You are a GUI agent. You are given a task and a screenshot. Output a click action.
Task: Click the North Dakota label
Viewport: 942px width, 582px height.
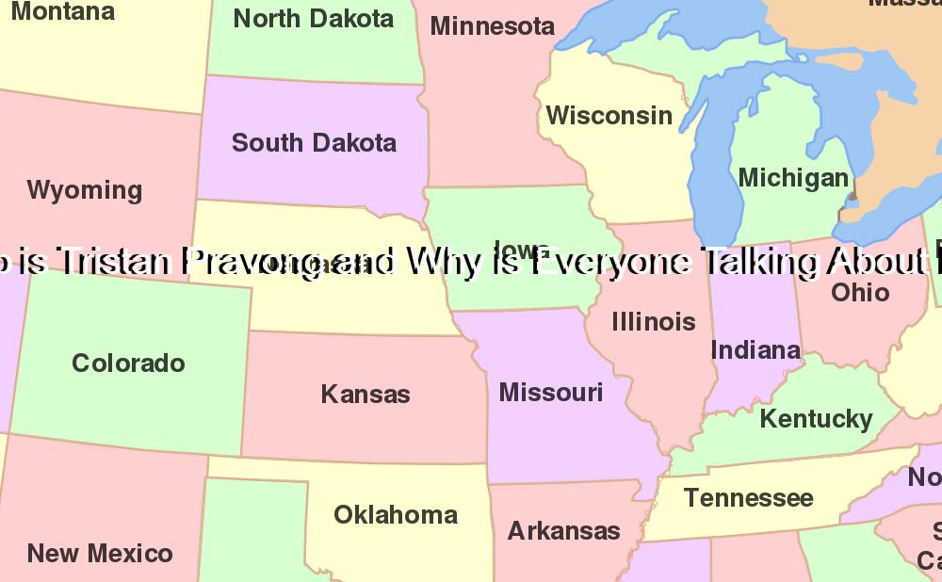coord(314,18)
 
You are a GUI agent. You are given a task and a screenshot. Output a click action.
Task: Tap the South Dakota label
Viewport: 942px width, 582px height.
coord(314,143)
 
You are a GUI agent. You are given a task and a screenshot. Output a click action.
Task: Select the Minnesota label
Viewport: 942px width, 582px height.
coord(493,26)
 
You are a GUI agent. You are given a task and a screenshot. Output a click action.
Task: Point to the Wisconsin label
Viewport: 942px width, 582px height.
coord(609,116)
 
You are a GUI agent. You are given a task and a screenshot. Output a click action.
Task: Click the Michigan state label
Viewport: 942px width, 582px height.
coord(793,178)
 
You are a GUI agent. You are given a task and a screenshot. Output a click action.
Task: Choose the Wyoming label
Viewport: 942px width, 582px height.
coord(85,190)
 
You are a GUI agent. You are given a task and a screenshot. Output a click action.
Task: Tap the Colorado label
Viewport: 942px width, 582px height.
coord(128,364)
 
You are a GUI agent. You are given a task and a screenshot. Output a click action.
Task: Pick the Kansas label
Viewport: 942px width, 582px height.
coord(365,394)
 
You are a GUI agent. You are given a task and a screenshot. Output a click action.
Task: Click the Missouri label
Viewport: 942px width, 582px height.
coord(551,392)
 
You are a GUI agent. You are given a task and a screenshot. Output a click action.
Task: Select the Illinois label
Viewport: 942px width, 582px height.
coord(654,322)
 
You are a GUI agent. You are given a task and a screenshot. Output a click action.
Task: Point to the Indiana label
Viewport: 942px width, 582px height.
coord(755,350)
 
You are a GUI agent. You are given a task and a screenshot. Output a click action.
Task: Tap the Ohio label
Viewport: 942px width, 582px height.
coord(860,292)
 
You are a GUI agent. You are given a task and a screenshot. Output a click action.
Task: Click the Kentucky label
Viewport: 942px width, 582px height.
coord(816,419)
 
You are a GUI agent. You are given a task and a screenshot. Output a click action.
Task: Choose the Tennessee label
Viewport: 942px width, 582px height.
coord(748,497)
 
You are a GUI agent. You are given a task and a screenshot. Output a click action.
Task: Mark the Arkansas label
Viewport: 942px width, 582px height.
coord(564,531)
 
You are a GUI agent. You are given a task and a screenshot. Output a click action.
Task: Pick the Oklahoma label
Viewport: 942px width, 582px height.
coord(396,515)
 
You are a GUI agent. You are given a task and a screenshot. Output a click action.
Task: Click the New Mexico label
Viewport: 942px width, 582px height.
coord(100,553)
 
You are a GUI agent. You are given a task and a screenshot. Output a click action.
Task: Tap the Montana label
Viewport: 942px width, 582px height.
coord(62,12)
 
